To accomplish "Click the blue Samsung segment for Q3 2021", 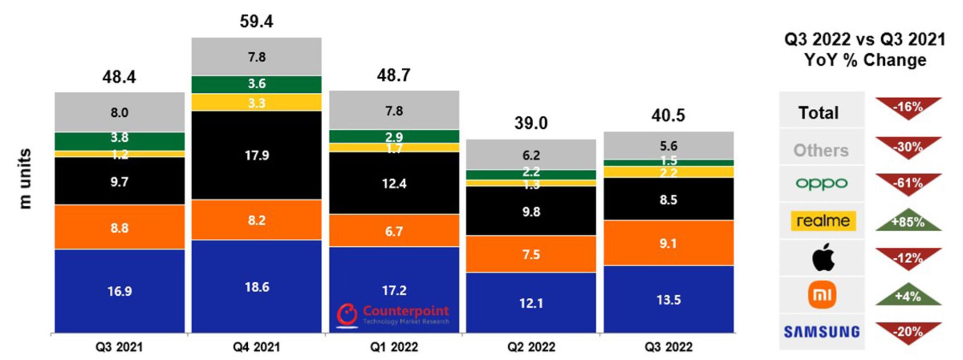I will [119, 291].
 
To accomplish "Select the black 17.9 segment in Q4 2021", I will [256, 155].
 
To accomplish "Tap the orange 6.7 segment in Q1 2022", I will [394, 231].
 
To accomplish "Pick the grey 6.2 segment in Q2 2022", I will [531, 155].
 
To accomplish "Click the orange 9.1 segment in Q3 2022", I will [668, 243].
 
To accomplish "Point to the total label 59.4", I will [256, 22].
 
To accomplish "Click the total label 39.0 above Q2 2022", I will [531, 123].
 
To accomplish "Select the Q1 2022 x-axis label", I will [394, 347].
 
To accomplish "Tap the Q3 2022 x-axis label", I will [668, 347].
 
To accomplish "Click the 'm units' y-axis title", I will [25, 178].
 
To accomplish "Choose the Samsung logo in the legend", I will [822, 332].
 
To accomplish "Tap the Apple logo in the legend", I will [823, 258].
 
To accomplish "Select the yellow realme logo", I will [823, 221].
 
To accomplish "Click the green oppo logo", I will [822, 184].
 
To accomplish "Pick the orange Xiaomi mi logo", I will [822, 295].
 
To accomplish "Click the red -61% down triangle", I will [908, 184].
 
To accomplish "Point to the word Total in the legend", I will [819, 113].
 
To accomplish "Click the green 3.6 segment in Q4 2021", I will [256, 84].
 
